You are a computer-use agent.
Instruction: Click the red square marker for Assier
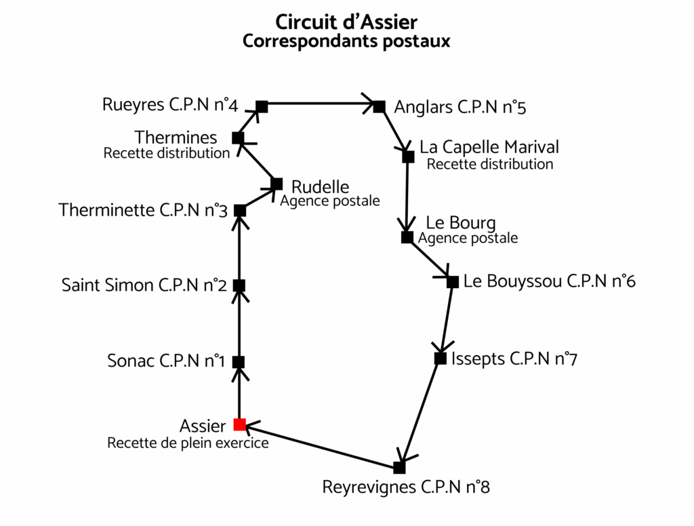(239, 424)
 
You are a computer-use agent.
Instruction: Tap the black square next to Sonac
(239, 362)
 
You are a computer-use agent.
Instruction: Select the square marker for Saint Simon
(239, 285)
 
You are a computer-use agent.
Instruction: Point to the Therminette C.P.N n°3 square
(240, 211)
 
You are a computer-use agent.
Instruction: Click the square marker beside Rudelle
(277, 184)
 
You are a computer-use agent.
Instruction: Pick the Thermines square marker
(238, 138)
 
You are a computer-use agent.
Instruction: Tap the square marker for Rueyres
(262, 106)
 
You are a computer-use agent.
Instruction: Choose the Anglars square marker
(380, 106)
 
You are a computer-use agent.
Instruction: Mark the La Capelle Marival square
(409, 157)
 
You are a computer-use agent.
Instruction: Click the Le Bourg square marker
(407, 237)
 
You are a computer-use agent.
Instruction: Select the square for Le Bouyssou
(453, 281)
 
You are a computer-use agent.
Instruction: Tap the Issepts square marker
(441, 359)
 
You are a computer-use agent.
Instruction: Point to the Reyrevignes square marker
(399, 468)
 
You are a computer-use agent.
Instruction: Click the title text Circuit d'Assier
(346, 22)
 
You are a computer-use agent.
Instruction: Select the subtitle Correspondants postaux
(346, 41)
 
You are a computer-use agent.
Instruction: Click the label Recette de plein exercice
(188, 443)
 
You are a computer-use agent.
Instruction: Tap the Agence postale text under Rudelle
(330, 201)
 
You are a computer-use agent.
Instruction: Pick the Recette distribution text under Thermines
(167, 153)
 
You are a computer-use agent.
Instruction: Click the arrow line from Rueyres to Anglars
(321, 103)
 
